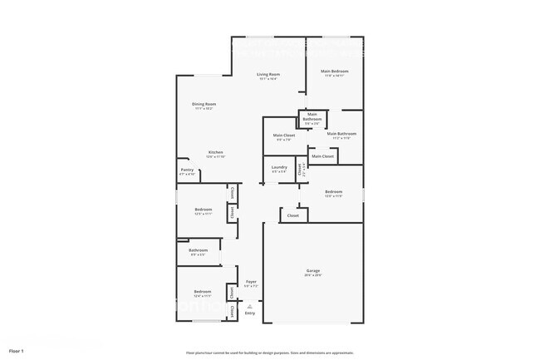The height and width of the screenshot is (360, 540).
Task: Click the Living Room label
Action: [x=268, y=74]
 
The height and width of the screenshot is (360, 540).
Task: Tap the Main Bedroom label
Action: [x=334, y=72]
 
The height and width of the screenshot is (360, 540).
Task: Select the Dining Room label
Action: [x=204, y=104]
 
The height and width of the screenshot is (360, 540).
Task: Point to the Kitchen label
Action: [x=215, y=152]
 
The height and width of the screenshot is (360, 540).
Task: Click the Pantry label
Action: [x=187, y=170]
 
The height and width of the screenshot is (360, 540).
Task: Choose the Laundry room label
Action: [x=279, y=167]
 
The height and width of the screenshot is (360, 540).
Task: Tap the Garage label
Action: [x=313, y=270]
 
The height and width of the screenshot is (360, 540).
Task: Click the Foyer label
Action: [x=250, y=282]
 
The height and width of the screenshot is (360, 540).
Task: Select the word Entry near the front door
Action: [x=250, y=313]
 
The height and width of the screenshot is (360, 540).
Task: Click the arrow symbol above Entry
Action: [x=250, y=306]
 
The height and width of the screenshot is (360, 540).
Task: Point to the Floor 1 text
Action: [x=16, y=352]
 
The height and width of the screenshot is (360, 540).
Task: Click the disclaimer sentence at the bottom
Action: [x=269, y=352]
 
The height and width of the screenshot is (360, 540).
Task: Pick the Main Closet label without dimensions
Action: [x=322, y=156]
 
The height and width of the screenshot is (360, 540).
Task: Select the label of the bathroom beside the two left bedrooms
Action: [x=198, y=249]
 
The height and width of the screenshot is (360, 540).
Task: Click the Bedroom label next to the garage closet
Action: [x=333, y=191]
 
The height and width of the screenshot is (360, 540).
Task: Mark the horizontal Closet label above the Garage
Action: [x=293, y=215]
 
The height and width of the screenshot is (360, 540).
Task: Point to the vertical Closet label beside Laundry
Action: [x=301, y=169]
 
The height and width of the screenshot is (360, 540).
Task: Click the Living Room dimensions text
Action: [x=268, y=79]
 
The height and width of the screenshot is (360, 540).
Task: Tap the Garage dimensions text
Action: [x=313, y=275]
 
